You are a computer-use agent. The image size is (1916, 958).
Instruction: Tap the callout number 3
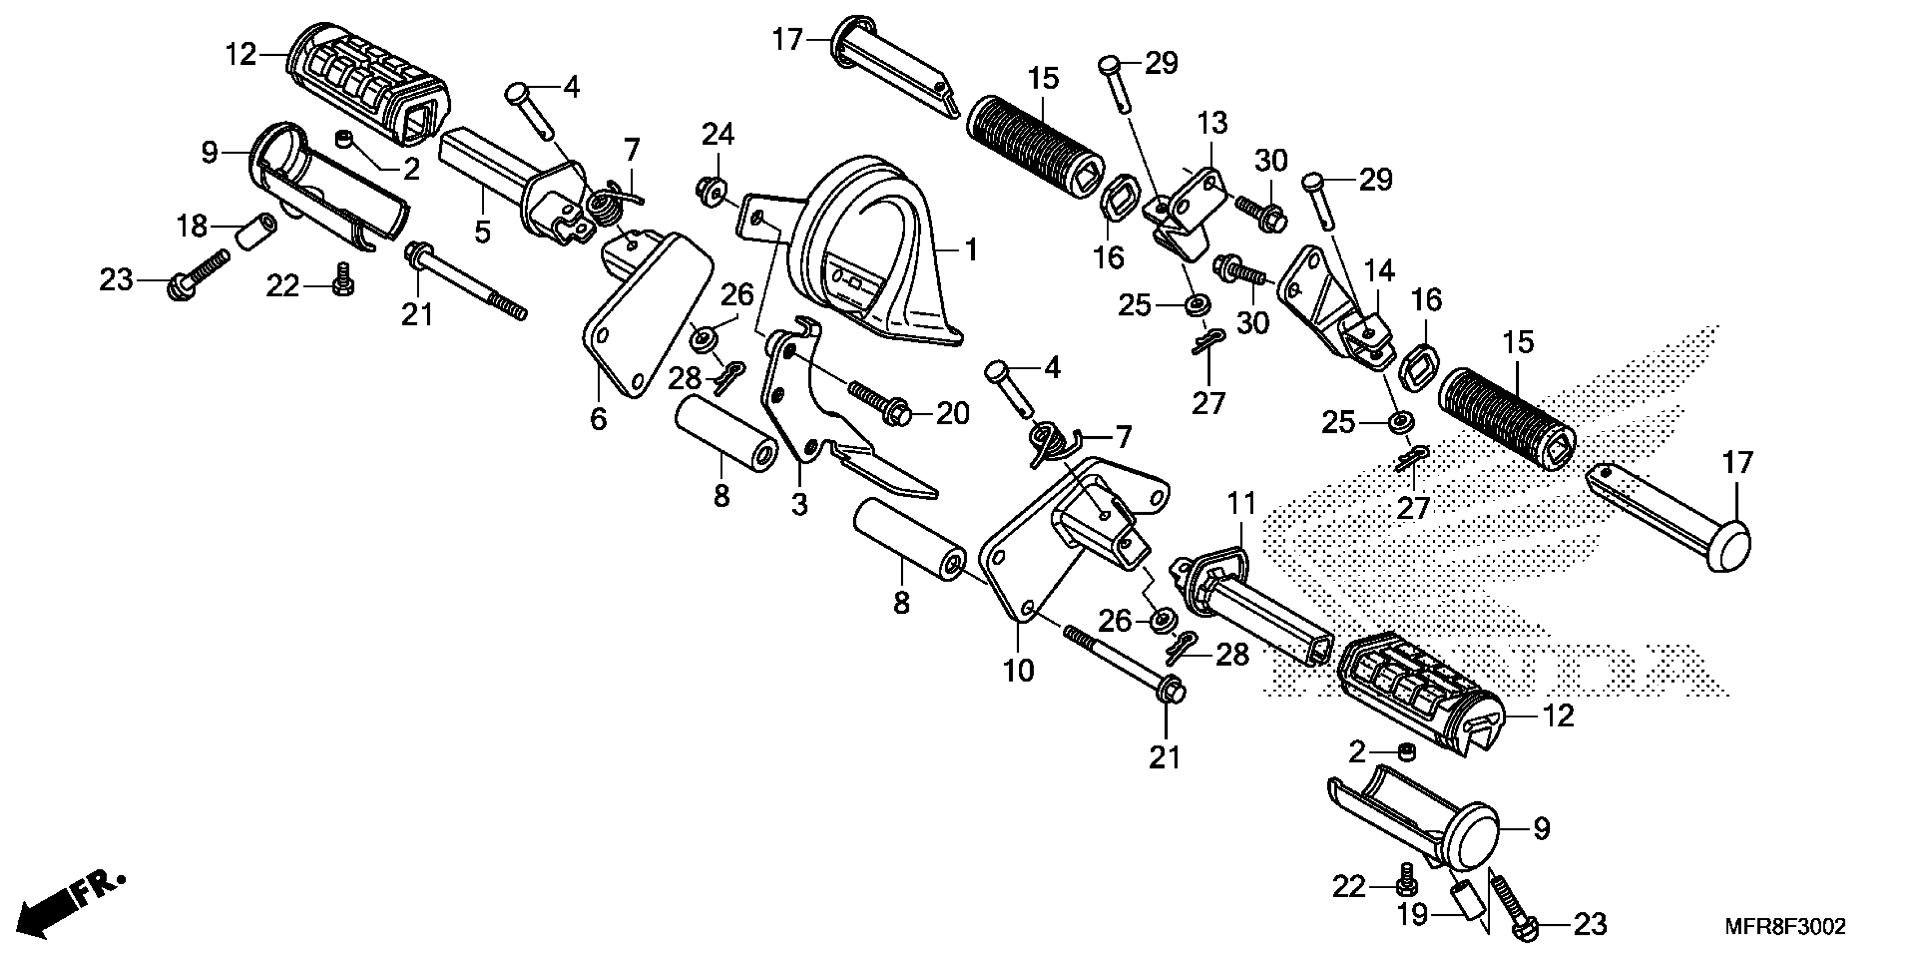point(799,505)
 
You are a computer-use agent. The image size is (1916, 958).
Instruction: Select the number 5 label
point(483,232)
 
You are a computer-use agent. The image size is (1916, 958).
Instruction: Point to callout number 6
point(598,419)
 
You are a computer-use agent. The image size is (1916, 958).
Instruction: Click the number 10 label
point(1018,671)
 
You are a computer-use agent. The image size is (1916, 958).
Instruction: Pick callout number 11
point(1241,504)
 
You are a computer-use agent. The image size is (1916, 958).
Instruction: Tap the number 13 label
point(1212,123)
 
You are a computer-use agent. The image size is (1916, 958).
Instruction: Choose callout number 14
point(1379,272)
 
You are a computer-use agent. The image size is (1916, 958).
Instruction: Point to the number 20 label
point(953,414)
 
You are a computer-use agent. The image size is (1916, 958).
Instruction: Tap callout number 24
point(718,134)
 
